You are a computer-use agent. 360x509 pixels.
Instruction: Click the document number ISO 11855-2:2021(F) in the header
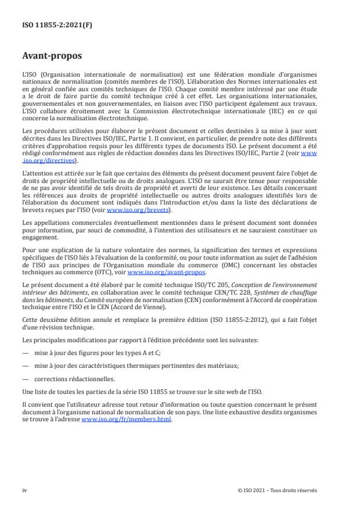tap(48, 26)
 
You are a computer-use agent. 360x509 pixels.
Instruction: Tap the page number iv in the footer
tap(24, 490)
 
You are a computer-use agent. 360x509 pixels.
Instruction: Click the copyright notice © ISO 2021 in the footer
tap(278, 490)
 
